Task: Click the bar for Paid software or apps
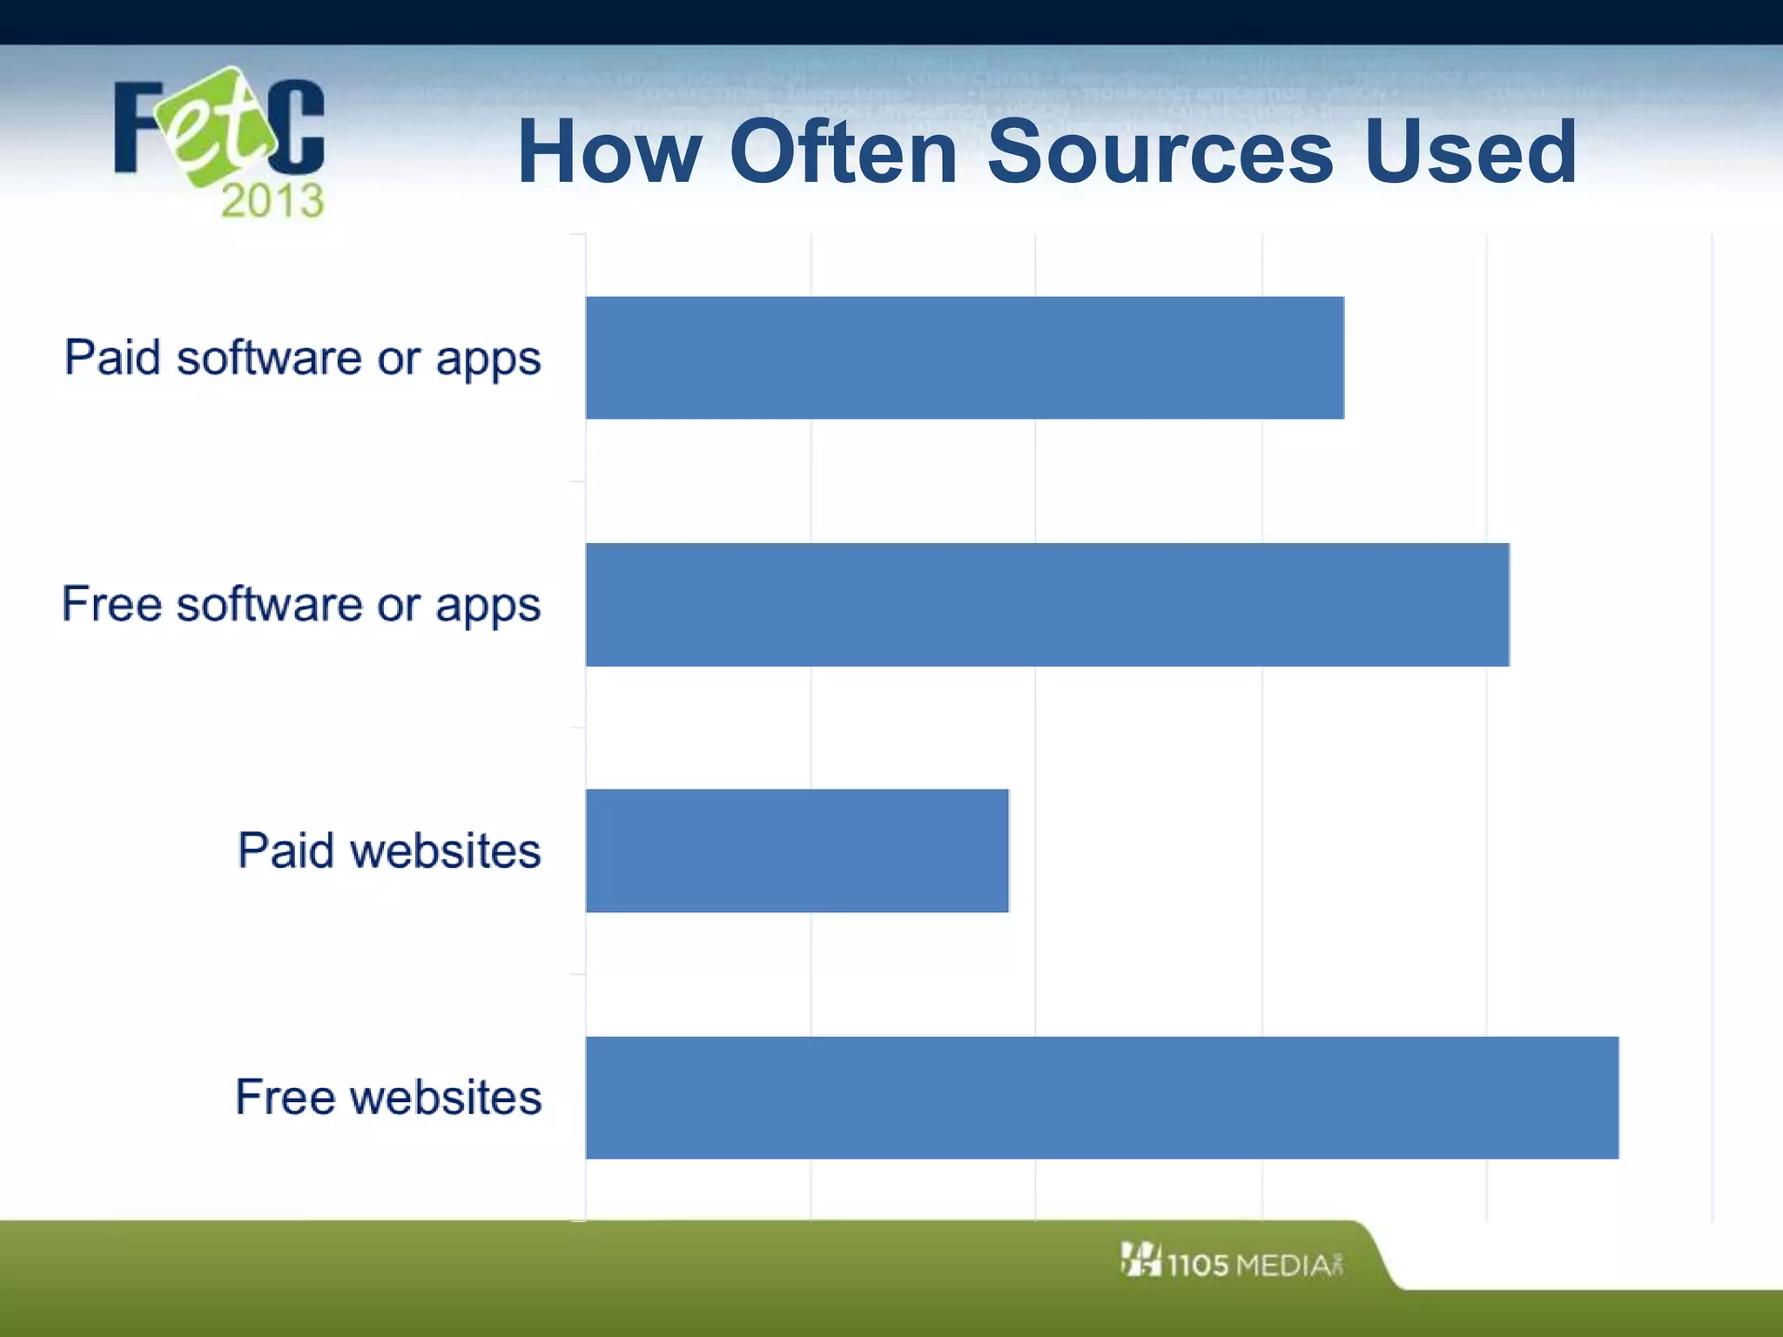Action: [965, 358]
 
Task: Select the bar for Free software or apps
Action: [1047, 605]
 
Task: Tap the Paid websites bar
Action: [797, 851]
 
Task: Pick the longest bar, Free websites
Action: [1102, 1098]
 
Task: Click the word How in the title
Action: [609, 153]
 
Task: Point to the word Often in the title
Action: [844, 153]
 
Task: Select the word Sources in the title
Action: [1160, 153]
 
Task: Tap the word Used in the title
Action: [1470, 153]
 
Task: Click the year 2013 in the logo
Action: [272, 201]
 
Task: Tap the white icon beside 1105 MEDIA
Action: [1140, 1260]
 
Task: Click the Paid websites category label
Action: [389, 851]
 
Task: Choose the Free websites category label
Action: [388, 1098]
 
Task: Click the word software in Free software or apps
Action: [270, 605]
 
